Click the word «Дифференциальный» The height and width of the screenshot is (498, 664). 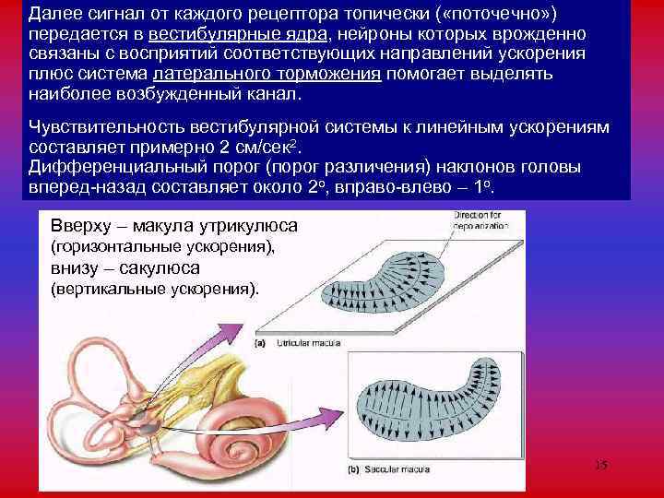pos(122,169)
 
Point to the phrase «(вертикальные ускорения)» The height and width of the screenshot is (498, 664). pos(155,288)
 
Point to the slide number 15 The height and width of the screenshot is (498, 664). pos(600,465)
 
